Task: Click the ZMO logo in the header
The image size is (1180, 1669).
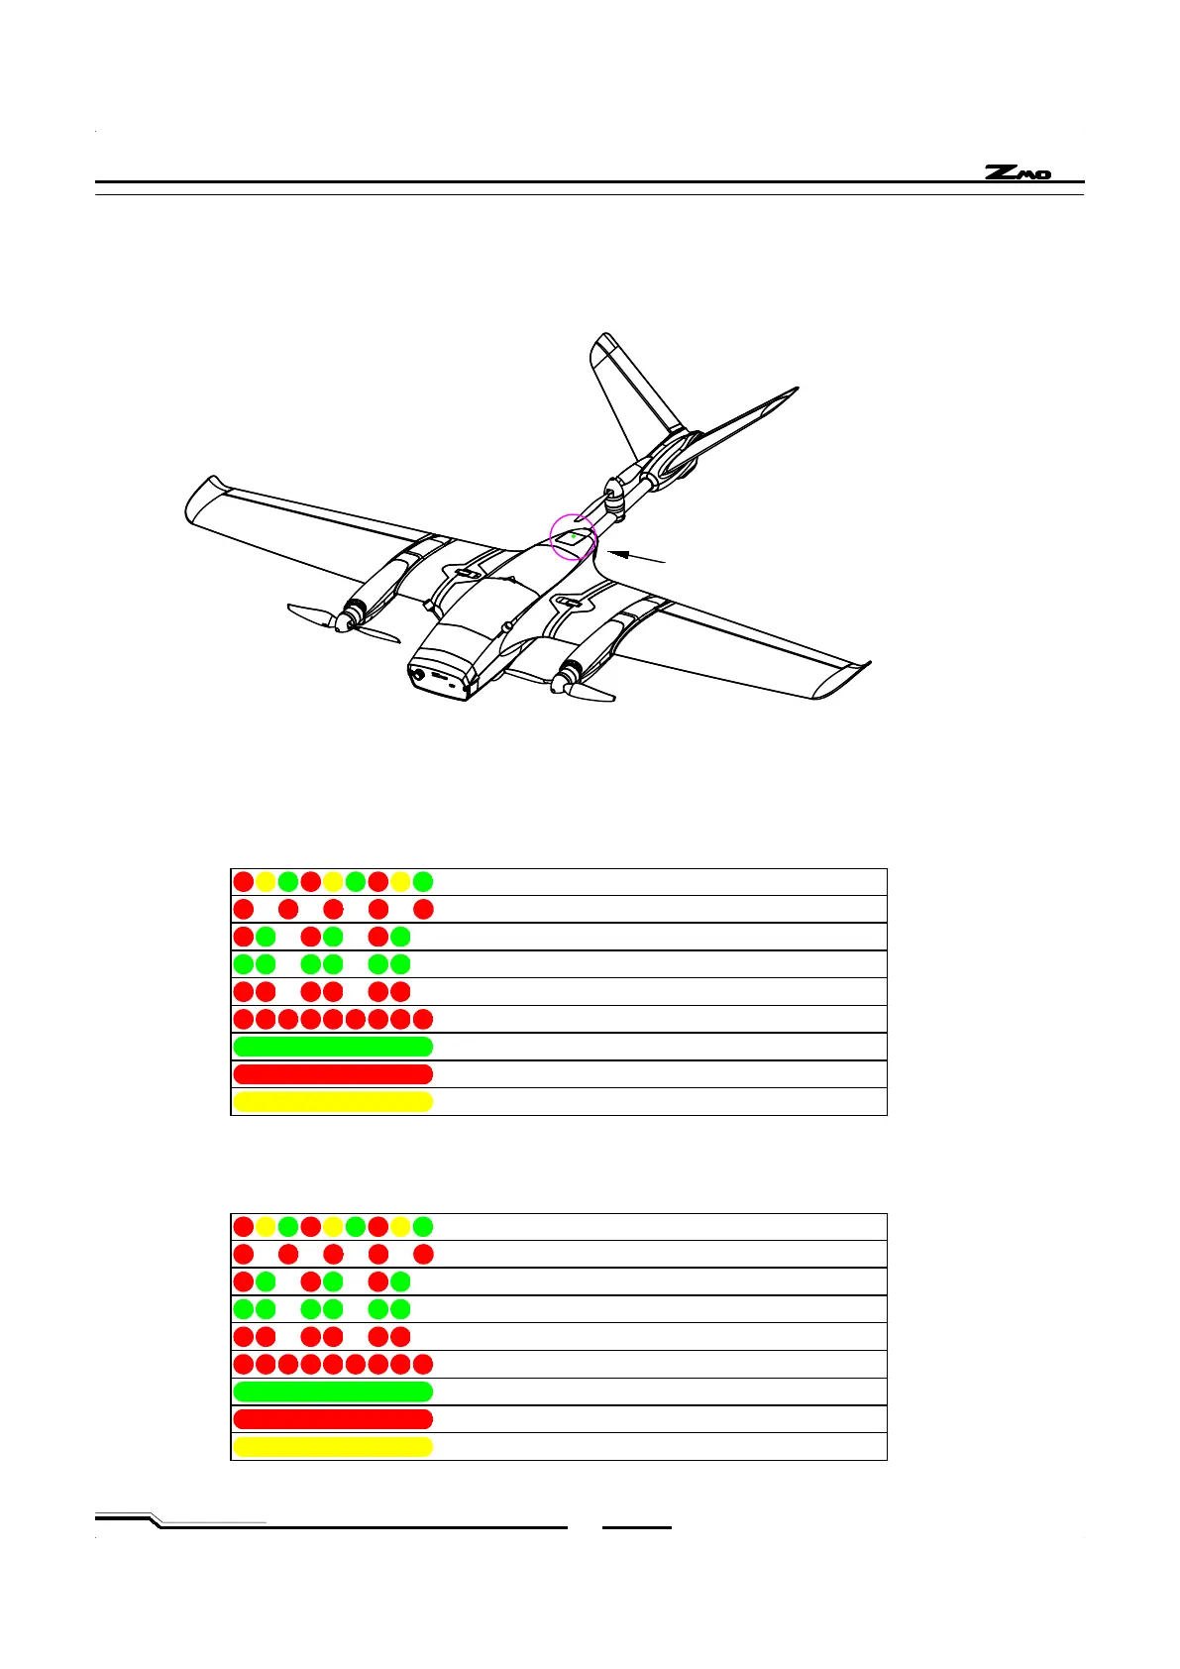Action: tap(1018, 173)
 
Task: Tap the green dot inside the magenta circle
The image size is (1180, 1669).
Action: tap(573, 536)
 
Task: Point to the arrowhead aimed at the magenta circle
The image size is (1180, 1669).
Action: tap(613, 551)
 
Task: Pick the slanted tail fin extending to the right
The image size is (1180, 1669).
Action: tap(743, 421)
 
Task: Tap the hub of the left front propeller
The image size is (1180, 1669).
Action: tap(344, 622)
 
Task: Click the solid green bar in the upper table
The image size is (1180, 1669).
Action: tap(333, 1047)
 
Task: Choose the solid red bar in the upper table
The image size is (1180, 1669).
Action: tap(333, 1074)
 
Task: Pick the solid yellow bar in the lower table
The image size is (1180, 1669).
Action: tap(333, 1447)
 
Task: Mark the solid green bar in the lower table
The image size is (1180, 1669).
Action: tap(333, 1391)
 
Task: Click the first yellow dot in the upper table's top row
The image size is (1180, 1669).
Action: tap(266, 881)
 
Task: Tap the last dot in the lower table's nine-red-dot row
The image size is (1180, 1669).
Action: tap(423, 1364)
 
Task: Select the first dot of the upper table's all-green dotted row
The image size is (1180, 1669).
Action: tap(243, 964)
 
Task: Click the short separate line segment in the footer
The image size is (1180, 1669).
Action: tap(637, 1527)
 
